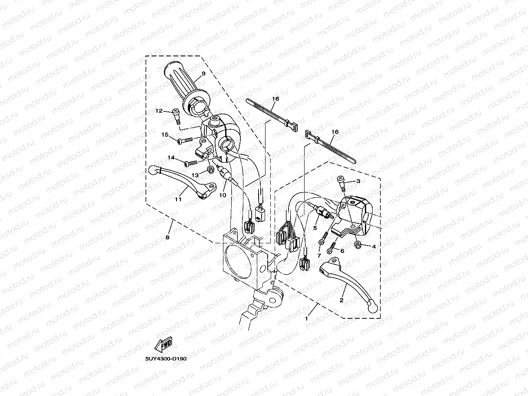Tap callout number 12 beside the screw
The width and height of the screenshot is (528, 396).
point(159,111)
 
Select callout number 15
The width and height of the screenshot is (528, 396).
point(165,134)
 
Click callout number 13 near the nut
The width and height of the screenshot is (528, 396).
point(195,174)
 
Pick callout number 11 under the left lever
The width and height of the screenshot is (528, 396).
point(177,200)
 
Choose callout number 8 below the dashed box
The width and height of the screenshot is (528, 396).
point(167,237)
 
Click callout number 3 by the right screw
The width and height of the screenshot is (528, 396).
point(358,181)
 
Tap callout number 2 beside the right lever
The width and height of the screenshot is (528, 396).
point(341,300)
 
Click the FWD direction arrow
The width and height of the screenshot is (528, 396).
point(163,345)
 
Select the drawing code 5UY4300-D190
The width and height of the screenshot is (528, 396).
point(166,359)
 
